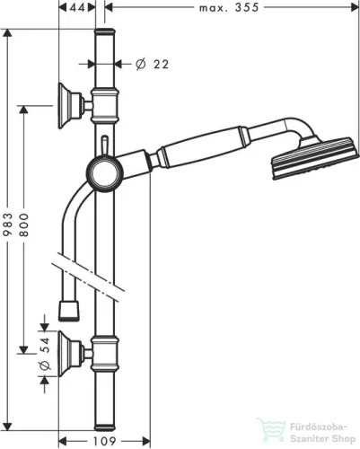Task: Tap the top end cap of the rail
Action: click(105, 34)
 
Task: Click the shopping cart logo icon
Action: click(267, 428)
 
